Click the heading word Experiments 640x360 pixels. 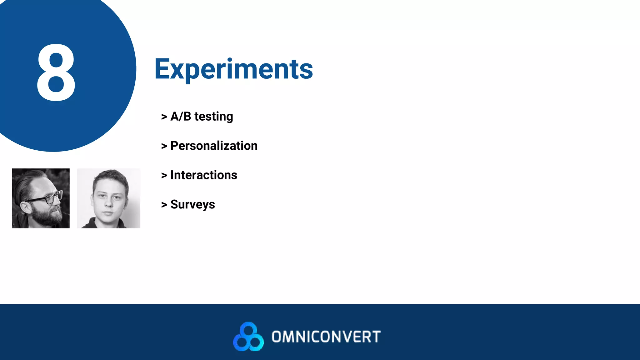click(x=233, y=69)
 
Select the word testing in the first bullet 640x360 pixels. click(x=214, y=117)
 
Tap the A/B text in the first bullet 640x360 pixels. click(x=181, y=117)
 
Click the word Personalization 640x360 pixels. click(x=214, y=146)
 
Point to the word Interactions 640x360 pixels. click(x=204, y=175)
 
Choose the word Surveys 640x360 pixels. click(x=192, y=204)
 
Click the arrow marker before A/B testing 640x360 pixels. click(x=164, y=117)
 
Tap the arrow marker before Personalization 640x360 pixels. click(x=164, y=146)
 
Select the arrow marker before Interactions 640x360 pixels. click(x=164, y=175)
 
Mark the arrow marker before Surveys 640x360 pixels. click(x=164, y=205)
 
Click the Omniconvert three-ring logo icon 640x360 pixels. click(x=248, y=337)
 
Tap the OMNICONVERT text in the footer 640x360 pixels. click(x=326, y=337)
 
